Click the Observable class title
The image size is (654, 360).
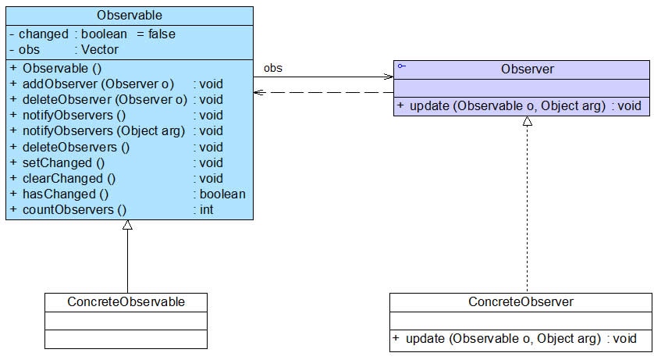point(130,16)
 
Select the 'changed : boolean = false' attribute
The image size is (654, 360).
point(93,34)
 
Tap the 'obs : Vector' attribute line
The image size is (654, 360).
point(64,50)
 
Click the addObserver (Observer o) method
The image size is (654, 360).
point(98,84)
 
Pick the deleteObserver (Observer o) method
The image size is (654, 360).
point(105,100)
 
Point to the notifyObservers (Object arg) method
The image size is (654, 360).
point(104,131)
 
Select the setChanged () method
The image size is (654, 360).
point(63,163)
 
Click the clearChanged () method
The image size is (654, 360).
point(69,179)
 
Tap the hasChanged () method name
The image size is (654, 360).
point(66,194)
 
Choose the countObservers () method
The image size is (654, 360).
point(74,210)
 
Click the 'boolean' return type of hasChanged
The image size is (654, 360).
point(222,194)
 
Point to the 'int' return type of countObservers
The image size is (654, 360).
point(206,210)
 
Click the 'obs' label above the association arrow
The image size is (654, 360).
point(273,68)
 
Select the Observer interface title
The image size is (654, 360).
point(528,70)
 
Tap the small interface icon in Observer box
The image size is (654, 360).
point(402,66)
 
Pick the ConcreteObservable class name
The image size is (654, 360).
point(126,301)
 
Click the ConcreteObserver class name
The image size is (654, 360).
point(521,301)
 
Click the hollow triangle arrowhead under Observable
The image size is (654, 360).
point(128,225)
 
